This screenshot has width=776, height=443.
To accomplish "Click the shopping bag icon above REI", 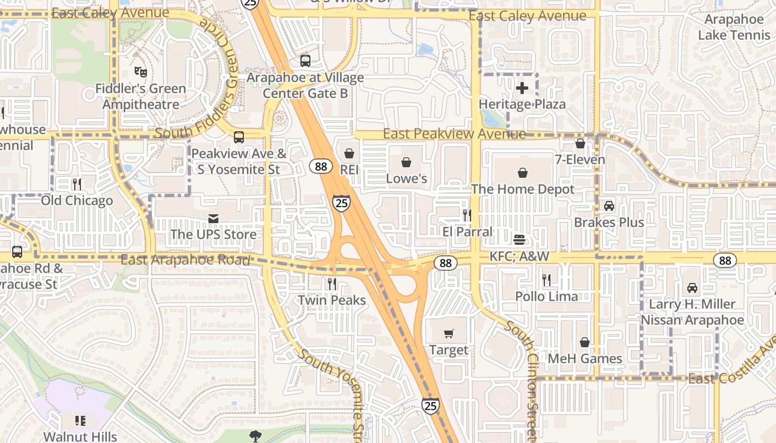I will tap(349, 153).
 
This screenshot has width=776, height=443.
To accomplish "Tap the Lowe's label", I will tap(406, 178).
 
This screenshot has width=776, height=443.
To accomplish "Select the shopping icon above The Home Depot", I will tap(522, 173).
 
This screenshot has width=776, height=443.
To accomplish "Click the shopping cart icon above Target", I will tap(449, 333).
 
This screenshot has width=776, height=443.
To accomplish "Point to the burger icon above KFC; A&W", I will tap(519, 240).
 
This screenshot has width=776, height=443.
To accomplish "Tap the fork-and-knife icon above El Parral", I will tap(467, 215).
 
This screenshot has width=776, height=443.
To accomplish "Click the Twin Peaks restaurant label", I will tap(331, 300).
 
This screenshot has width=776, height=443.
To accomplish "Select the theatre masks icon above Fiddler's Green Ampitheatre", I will tap(141, 71).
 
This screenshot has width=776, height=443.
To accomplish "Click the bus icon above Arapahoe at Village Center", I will tap(305, 61).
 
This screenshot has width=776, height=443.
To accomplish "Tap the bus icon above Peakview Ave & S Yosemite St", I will tap(239, 137).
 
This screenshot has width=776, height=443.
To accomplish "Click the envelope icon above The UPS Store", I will tap(213, 219).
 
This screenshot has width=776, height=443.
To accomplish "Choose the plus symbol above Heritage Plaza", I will tap(522, 87).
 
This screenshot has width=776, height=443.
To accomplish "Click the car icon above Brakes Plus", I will tap(609, 206).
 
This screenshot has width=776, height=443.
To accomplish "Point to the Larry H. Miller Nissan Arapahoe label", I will tap(692, 312).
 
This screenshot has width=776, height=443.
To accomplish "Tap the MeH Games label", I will tap(585, 359).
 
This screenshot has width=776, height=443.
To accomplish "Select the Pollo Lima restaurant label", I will tap(547, 296).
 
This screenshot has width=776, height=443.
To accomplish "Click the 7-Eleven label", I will tap(580, 159).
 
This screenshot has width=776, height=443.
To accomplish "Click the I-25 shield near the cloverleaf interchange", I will tap(341, 203).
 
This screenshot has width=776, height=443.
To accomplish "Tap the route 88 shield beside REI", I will tap(321, 166).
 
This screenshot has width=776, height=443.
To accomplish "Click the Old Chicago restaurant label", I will tap(76, 200).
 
